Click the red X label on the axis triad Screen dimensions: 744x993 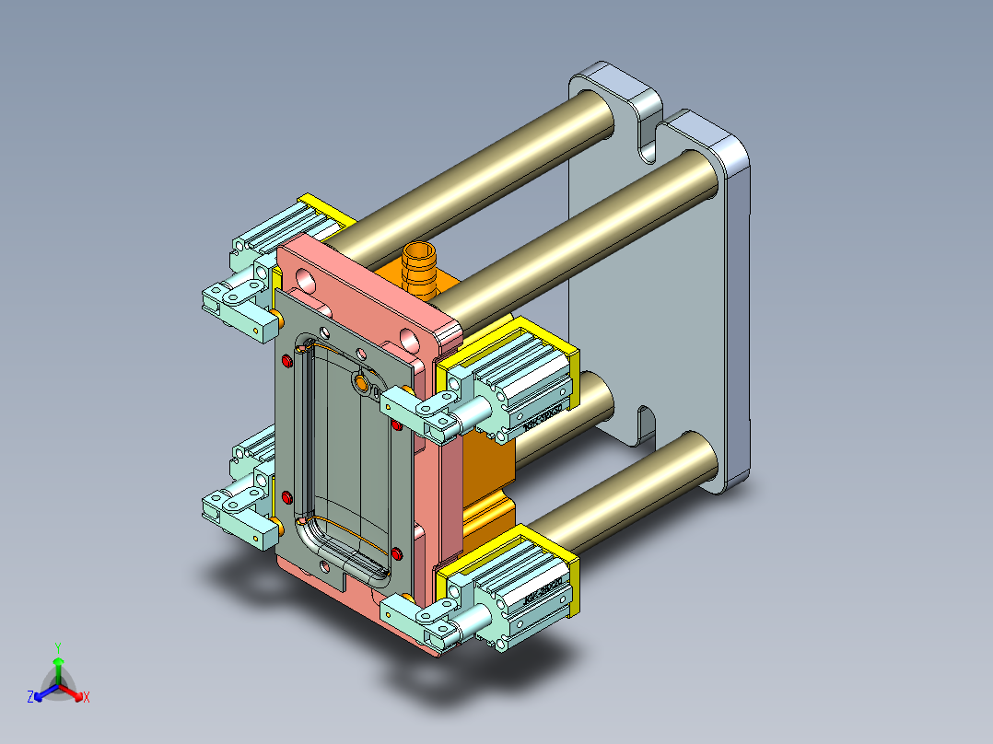(87, 698)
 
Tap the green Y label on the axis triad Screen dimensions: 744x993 (58, 647)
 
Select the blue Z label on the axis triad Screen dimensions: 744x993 (30, 698)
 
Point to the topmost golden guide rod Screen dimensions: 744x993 (479, 171)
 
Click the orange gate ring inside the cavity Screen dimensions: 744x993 (361, 382)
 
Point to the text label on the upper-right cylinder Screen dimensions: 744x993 (543, 418)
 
